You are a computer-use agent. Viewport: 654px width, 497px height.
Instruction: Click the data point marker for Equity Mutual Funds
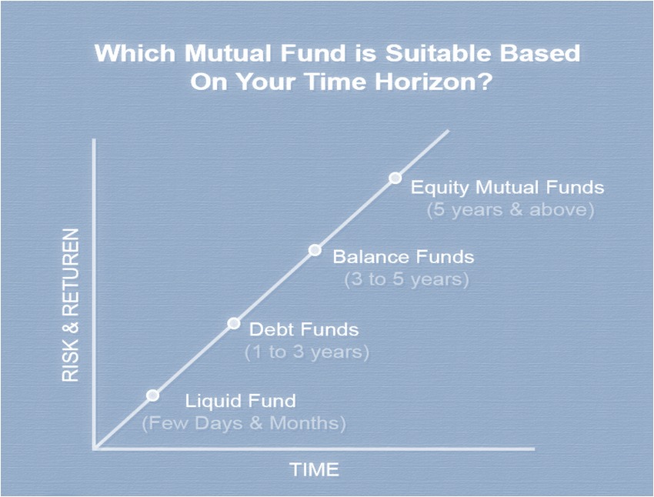(395, 178)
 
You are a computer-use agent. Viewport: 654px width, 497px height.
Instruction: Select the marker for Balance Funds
(315, 250)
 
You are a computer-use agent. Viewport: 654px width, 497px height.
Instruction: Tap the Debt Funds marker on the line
(234, 323)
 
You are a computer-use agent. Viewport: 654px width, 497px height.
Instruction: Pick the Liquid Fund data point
(153, 395)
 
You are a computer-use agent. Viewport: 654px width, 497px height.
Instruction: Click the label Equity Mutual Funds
(507, 188)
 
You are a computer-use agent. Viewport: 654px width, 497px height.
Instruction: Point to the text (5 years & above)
(511, 209)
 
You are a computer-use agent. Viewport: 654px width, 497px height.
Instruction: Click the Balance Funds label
(403, 256)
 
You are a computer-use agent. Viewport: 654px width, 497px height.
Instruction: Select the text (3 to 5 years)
(407, 279)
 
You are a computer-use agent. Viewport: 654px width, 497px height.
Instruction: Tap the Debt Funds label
(304, 329)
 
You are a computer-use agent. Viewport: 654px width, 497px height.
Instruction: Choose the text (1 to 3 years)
(307, 352)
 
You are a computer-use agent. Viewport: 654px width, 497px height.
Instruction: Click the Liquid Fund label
(241, 401)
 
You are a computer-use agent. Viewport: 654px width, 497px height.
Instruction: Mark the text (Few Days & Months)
(244, 423)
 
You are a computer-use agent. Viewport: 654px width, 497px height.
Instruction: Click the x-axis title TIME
(314, 469)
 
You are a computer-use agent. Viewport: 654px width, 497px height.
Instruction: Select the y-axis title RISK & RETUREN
(71, 305)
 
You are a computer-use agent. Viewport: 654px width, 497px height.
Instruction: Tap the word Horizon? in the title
(434, 82)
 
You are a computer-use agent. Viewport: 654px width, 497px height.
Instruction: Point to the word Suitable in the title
(437, 53)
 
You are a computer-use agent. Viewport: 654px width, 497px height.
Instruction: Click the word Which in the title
(135, 53)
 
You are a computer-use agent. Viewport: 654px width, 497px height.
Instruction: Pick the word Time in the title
(336, 82)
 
